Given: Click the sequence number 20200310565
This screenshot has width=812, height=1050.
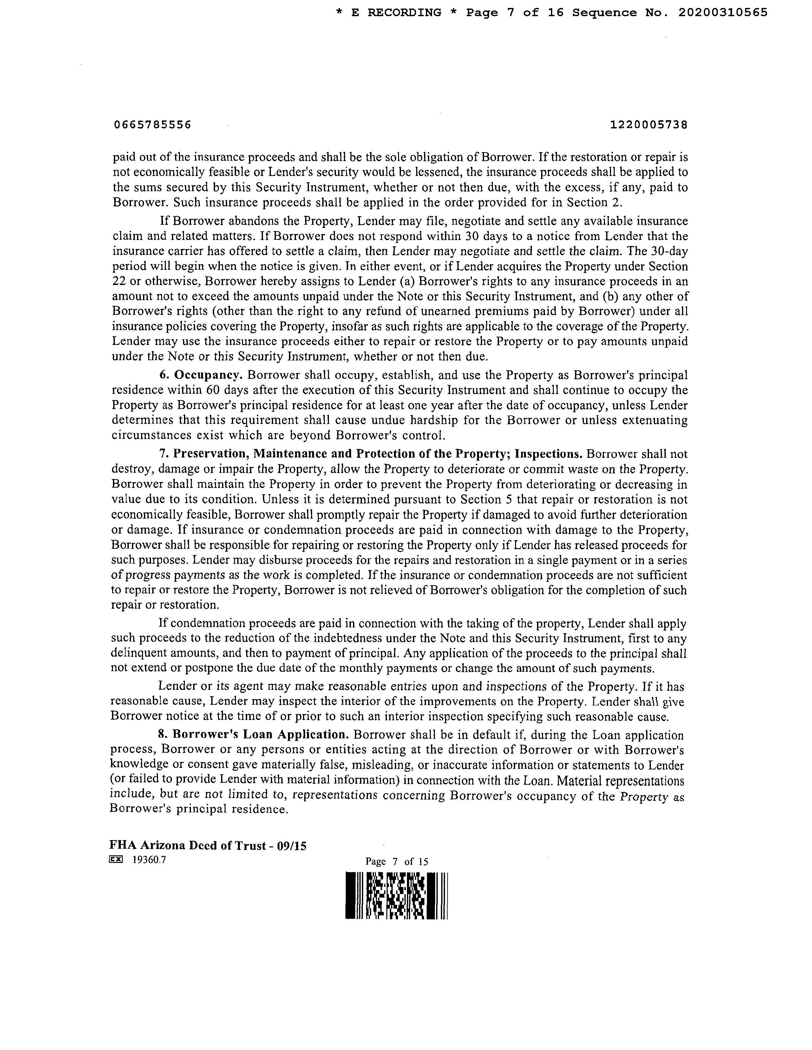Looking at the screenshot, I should click(723, 13).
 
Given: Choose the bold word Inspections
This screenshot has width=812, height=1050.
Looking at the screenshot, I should click(549, 454).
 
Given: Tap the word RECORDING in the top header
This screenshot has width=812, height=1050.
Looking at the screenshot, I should click(404, 13).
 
